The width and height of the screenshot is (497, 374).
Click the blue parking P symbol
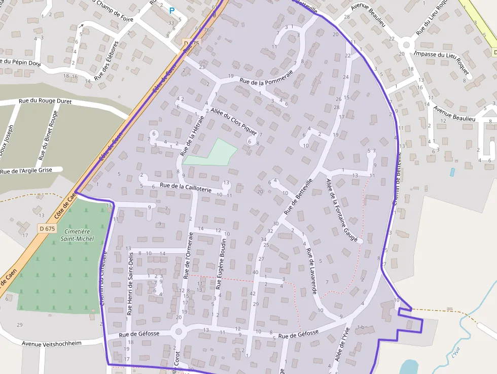tap(172, 10)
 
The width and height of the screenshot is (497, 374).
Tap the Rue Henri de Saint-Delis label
tap(131, 284)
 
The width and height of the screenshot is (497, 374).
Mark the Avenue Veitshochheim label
tap(51, 343)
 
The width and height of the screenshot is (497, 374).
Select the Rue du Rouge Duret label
tap(45, 101)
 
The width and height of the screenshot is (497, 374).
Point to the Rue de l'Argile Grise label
tap(26, 171)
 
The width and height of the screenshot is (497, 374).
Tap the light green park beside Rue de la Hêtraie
tap(213, 153)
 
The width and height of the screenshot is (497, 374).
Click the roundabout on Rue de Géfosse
tap(178, 332)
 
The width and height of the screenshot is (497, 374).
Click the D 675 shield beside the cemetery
tap(47, 229)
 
